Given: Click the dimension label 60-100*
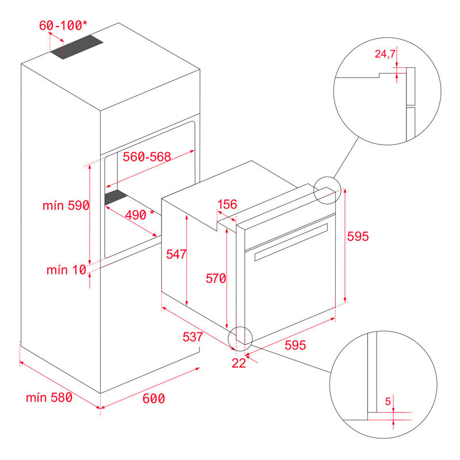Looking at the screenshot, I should (x=63, y=26).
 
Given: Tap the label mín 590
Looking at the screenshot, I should (x=66, y=205).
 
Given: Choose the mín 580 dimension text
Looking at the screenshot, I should (x=49, y=397).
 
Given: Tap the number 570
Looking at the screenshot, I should (x=216, y=278).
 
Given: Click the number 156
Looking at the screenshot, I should (x=228, y=205).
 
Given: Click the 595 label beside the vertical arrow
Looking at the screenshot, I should (x=357, y=236).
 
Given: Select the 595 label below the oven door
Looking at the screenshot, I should (x=295, y=345).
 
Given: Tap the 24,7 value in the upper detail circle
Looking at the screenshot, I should (x=385, y=55).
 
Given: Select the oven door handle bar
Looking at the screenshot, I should (x=290, y=241).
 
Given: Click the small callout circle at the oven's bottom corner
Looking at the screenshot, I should (x=240, y=339).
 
